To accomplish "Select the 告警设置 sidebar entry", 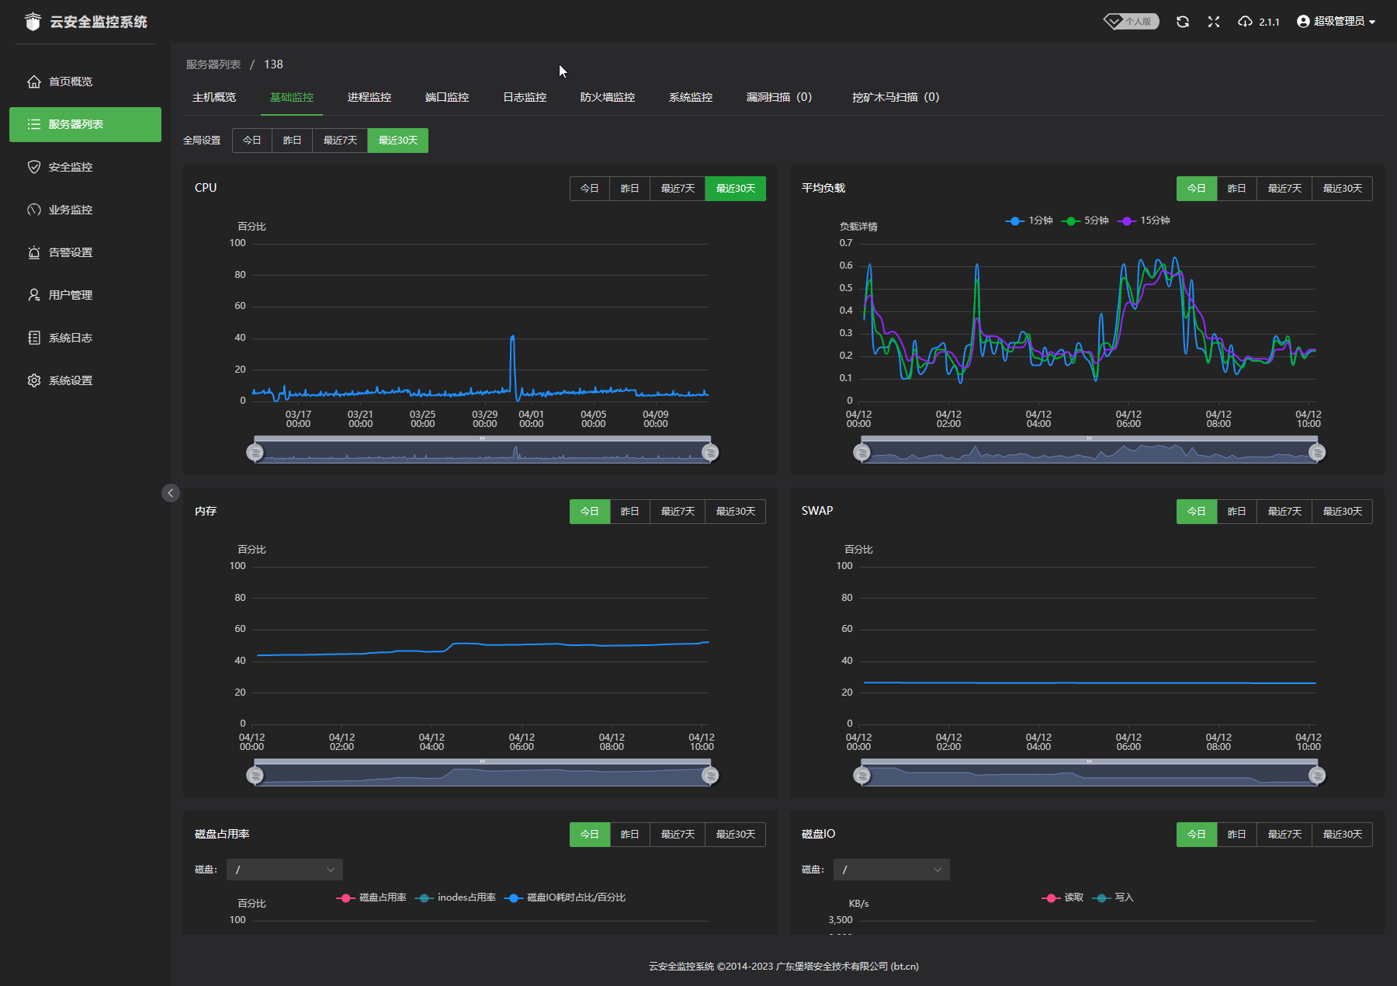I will (x=70, y=252).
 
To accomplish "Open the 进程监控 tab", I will (x=369, y=97).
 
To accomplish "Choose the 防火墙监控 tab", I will (x=607, y=97).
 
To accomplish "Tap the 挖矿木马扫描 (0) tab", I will (x=895, y=97).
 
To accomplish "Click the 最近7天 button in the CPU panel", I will (x=678, y=189).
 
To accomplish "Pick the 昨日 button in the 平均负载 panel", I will (x=1236, y=189).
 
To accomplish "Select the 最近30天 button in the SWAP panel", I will (x=1342, y=512).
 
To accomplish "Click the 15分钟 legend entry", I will (x=1145, y=220).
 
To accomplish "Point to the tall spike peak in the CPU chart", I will (x=512, y=337).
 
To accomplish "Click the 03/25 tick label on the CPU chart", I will (x=422, y=419).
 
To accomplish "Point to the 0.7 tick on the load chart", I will (x=846, y=243).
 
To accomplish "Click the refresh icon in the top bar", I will (x=1182, y=22).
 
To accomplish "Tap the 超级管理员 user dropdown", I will (x=1336, y=22).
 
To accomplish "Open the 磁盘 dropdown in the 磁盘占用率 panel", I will (x=284, y=870).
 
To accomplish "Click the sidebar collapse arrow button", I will (x=171, y=493).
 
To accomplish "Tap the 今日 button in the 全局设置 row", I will (x=251, y=141).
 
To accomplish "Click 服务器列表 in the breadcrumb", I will (x=213, y=64).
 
